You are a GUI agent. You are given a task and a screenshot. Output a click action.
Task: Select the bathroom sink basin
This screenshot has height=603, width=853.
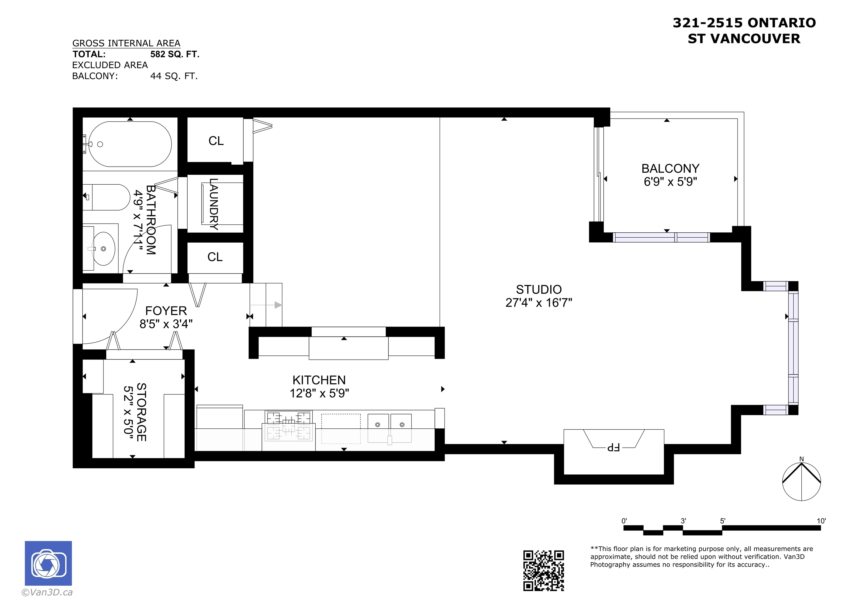(x=103, y=248)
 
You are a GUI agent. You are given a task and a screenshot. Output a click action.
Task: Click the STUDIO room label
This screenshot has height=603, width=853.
(x=539, y=290)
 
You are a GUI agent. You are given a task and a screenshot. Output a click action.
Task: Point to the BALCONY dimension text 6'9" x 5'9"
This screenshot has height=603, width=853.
(x=670, y=182)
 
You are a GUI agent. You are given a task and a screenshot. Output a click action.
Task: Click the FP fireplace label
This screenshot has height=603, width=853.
(x=613, y=448)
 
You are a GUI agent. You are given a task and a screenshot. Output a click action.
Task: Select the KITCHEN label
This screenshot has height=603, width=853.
(x=319, y=380)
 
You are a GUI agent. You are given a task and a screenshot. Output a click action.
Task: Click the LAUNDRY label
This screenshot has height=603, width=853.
(x=214, y=204)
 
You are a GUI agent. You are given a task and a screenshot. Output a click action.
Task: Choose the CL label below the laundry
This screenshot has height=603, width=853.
(x=215, y=257)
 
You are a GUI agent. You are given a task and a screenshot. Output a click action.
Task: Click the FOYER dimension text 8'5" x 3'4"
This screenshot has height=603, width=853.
(x=166, y=324)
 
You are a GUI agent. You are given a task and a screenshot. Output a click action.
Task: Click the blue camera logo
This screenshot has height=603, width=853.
(x=48, y=563)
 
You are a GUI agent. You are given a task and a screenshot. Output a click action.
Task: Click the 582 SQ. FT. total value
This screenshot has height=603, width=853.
(x=175, y=54)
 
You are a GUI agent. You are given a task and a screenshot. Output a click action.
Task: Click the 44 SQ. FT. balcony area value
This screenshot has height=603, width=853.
(x=174, y=76)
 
